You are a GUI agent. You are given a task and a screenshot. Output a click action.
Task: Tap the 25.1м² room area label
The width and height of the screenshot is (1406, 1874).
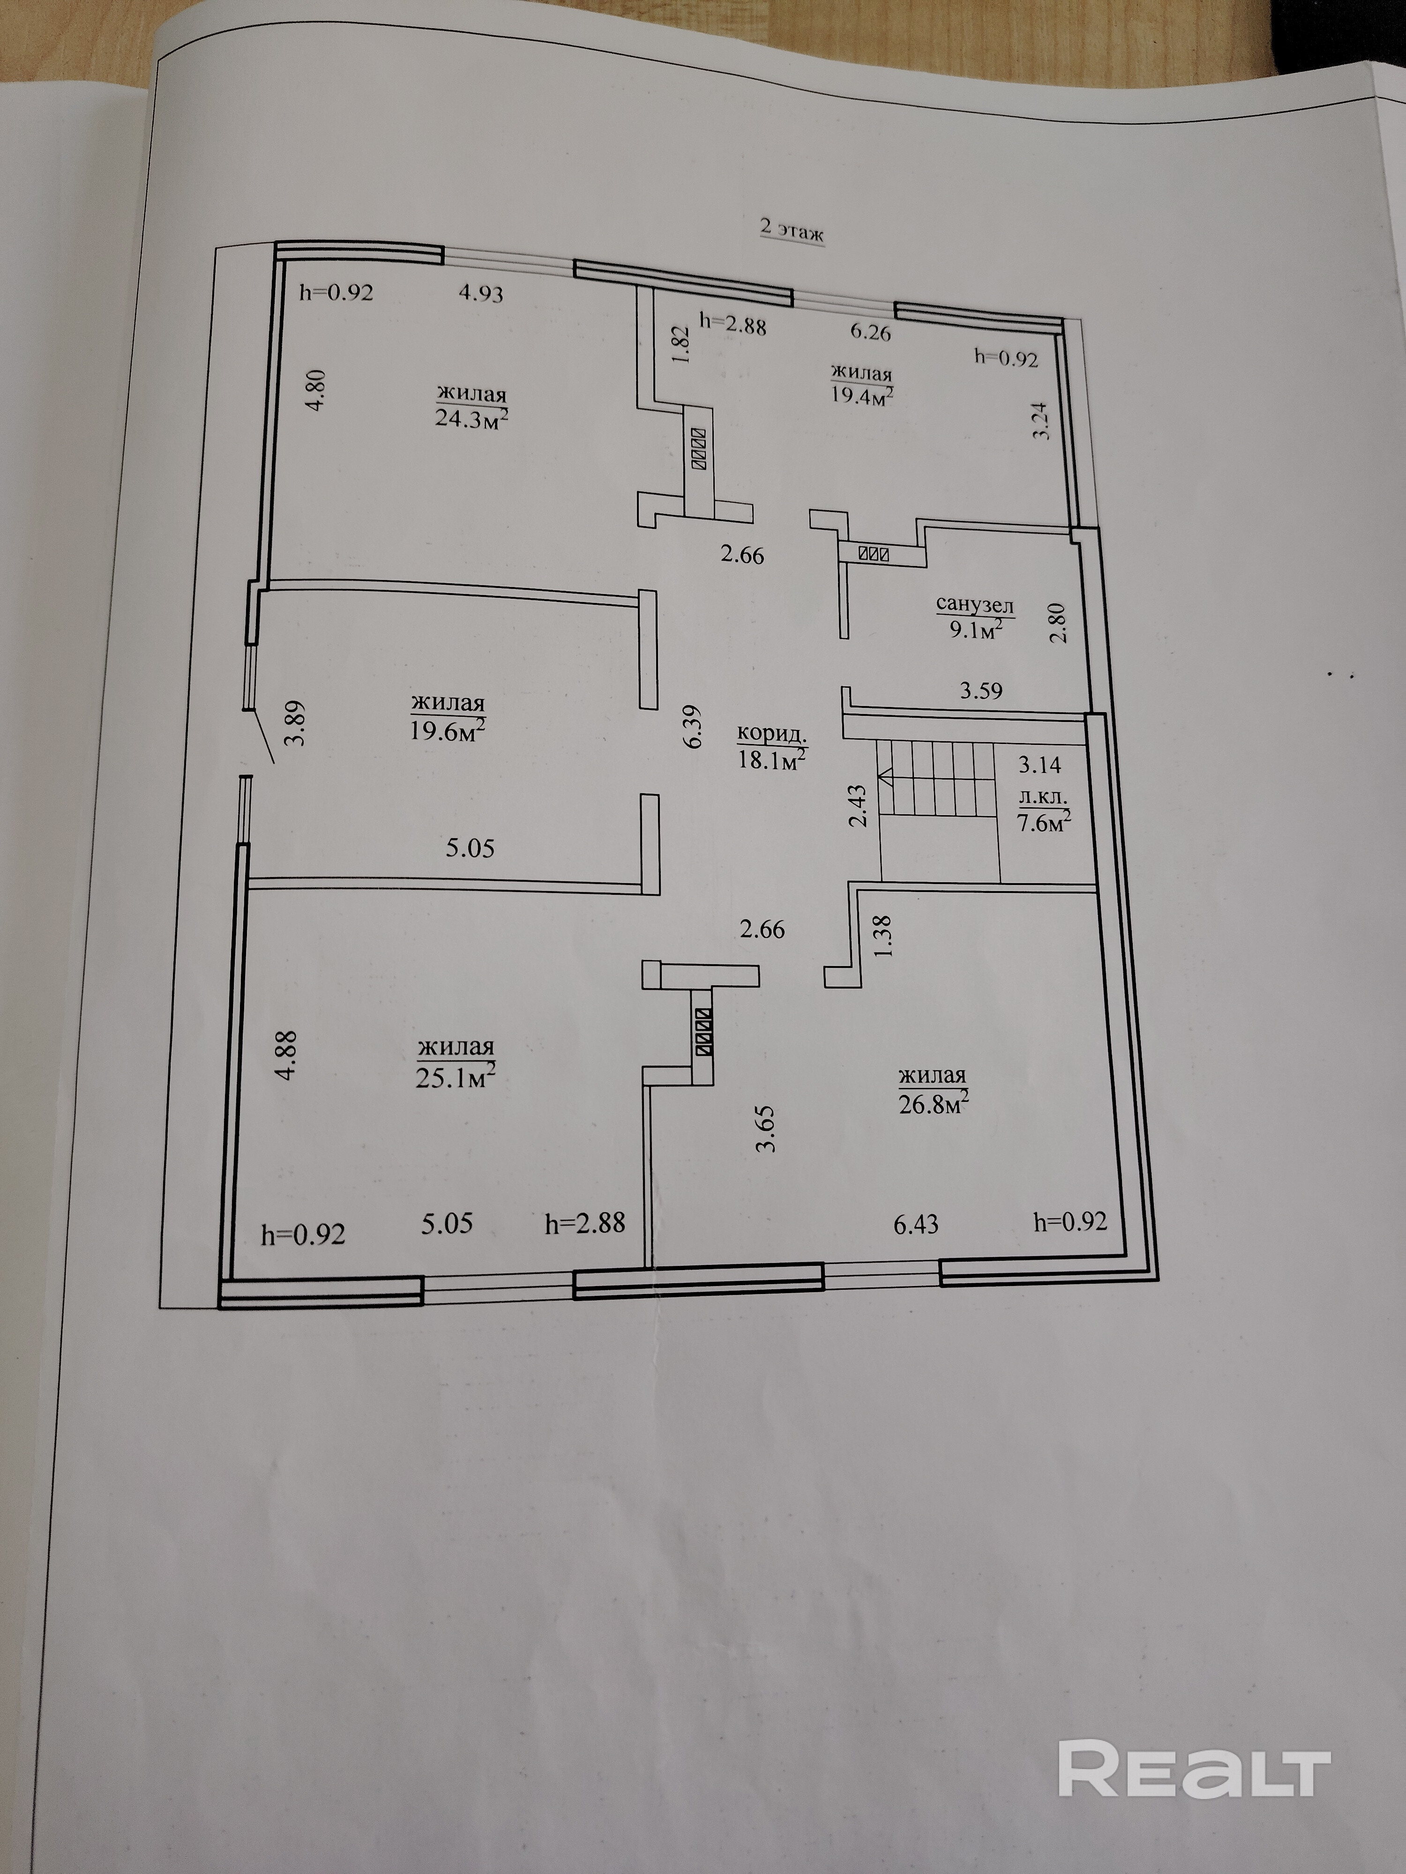[x=456, y=1076]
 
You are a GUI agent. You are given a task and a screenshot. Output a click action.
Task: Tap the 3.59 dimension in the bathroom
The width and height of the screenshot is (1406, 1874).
[x=980, y=691]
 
